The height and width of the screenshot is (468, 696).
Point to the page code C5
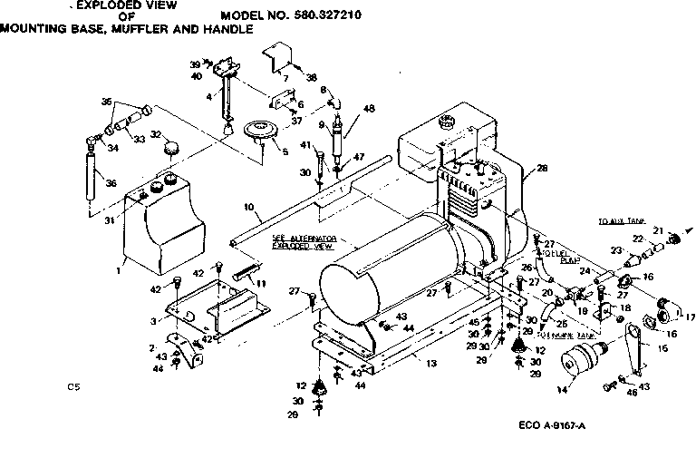(73, 387)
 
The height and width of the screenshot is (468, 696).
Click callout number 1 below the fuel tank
(119, 270)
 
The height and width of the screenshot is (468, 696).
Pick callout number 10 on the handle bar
(246, 207)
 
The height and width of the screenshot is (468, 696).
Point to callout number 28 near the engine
(542, 168)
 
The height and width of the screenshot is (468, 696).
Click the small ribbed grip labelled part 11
(245, 270)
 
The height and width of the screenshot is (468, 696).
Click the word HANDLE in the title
(226, 29)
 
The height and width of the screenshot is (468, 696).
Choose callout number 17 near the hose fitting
(691, 317)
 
